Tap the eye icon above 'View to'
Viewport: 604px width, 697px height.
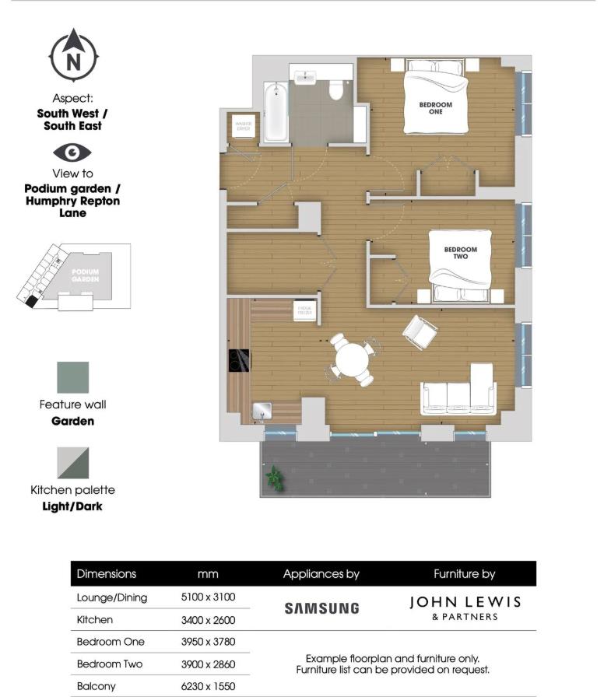tap(72, 152)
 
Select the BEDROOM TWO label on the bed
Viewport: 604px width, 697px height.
tap(460, 253)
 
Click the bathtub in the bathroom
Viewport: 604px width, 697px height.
tap(276, 114)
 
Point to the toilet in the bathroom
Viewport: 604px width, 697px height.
tap(336, 89)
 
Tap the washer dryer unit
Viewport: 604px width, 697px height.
tap(241, 126)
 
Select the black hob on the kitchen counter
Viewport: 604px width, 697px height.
tap(237, 360)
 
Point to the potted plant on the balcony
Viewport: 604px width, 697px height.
tap(274, 476)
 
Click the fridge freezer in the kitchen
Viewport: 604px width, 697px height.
tap(304, 310)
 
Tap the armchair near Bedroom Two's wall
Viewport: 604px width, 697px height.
tap(420, 331)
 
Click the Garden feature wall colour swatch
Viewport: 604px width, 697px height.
tap(72, 377)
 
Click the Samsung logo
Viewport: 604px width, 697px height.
tap(321, 608)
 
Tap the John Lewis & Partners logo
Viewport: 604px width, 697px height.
tap(465, 608)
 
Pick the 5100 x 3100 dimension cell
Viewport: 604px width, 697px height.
tap(208, 597)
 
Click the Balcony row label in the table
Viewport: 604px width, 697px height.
tap(96, 687)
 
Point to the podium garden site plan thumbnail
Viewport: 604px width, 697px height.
tap(74, 277)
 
